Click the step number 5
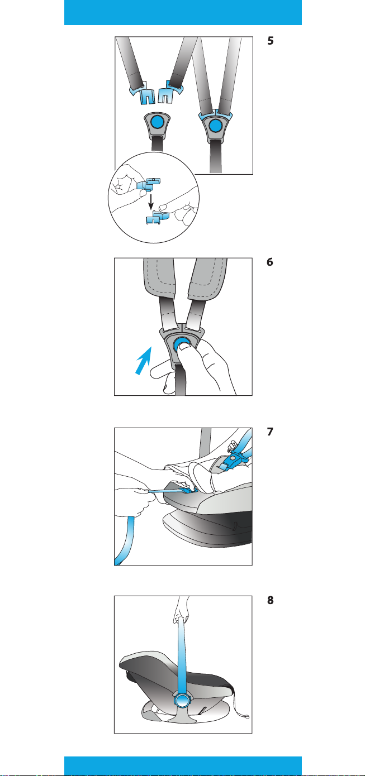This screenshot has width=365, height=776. pos(271,41)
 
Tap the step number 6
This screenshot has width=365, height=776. pos(270,262)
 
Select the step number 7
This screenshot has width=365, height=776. pos(270,432)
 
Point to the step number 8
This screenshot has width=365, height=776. pos(271,600)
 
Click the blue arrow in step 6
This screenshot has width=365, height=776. pos(144,360)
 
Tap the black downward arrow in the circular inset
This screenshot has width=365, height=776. pos(150,202)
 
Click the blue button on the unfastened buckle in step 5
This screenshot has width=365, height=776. pos(157,121)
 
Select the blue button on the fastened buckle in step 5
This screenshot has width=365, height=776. pos(215,126)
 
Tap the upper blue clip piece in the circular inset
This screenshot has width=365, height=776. pos(149,184)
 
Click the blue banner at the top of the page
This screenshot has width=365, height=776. pos(183,12)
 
